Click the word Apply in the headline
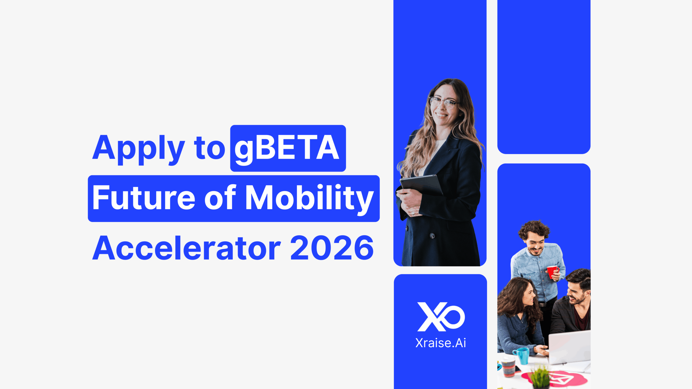(x=139, y=149)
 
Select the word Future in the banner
(x=144, y=197)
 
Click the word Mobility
(x=310, y=199)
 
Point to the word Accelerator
(x=187, y=248)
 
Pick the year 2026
(x=332, y=248)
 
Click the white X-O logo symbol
(x=441, y=317)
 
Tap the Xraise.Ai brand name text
(x=441, y=343)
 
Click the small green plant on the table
(x=540, y=377)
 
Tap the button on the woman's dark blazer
(x=432, y=236)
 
